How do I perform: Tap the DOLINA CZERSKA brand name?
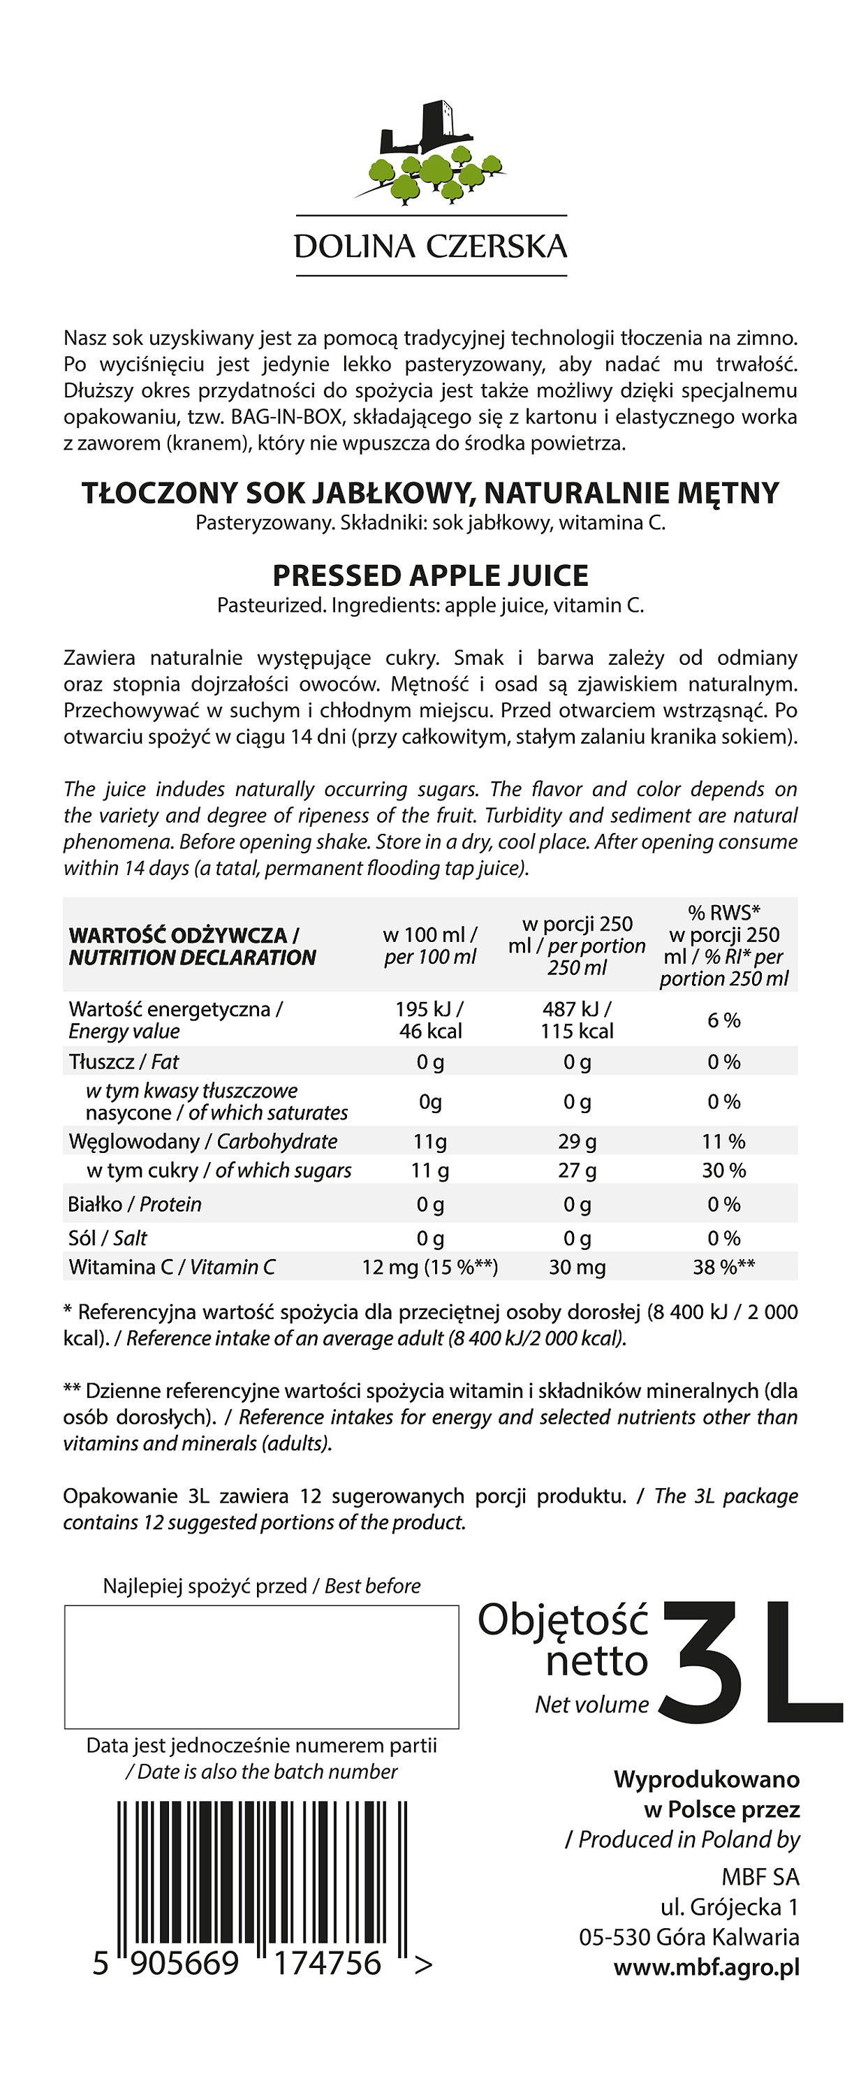coord(430,247)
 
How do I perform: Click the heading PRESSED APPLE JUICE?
coord(430,576)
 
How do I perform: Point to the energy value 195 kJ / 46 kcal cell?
coord(430,1020)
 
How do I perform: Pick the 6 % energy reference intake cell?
coord(723,1020)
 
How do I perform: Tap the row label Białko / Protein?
coord(135,1204)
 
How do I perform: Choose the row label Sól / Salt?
coord(108,1238)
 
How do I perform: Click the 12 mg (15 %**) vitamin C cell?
coord(430,1267)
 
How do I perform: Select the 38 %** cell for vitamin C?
coord(723,1267)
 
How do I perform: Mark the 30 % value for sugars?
coord(723,1170)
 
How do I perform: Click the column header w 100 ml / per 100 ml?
coord(430,946)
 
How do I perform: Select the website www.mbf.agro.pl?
coord(707,1967)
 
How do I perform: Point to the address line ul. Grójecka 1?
coord(729,1907)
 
